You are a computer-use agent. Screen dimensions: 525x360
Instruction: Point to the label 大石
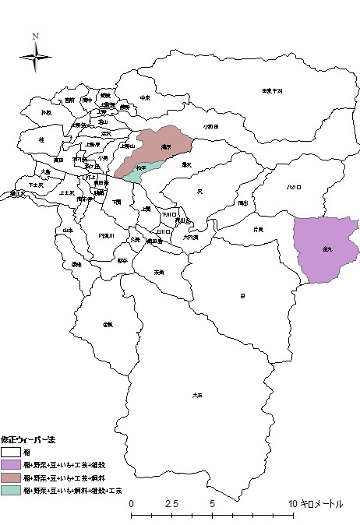pos(197,396)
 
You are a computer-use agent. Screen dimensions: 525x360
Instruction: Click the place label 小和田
pos(212,126)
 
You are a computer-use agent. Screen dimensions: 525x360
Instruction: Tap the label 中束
pos(145,97)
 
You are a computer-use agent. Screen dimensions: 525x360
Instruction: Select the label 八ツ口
pos(294,187)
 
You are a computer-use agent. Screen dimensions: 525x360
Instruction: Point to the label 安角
pos(159,272)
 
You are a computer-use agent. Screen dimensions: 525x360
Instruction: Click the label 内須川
pos(106,235)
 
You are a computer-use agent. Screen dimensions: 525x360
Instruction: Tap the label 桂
pos(41,139)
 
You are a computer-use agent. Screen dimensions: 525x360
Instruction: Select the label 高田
pos(58,160)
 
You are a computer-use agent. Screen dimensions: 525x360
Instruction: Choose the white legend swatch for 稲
pos(11,451)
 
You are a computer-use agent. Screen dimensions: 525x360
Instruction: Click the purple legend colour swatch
pos(11,463)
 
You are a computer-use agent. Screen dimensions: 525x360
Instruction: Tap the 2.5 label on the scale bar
pos(171,503)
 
